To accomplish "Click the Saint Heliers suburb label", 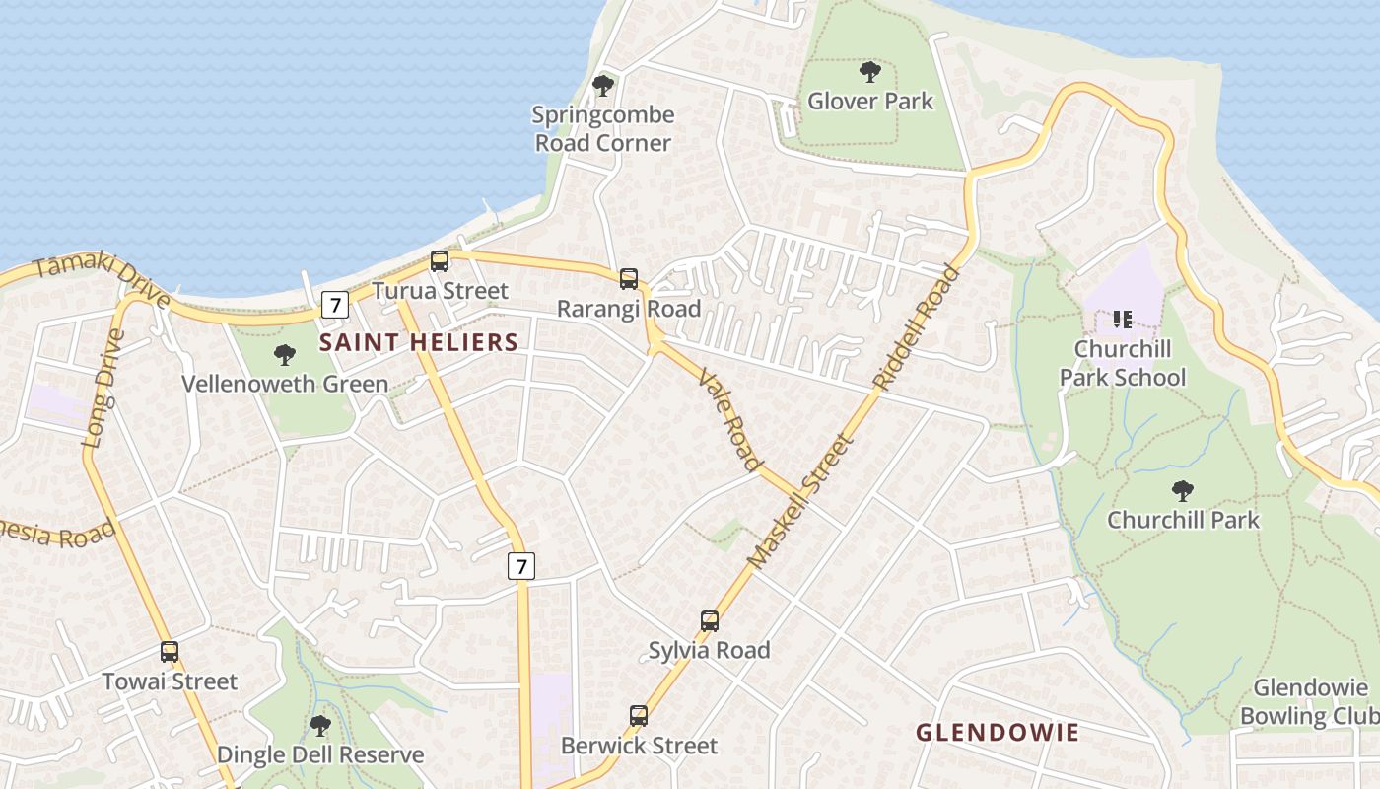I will click(x=419, y=342).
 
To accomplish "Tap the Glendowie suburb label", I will click(x=998, y=732).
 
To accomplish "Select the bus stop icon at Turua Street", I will click(x=440, y=261).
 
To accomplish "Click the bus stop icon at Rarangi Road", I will click(x=629, y=279).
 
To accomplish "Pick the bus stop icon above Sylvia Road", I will click(x=710, y=620).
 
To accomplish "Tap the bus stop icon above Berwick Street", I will click(x=639, y=715).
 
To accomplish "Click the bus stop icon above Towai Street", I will click(x=170, y=652).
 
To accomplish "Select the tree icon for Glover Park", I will click(x=869, y=71).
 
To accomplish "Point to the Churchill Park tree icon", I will click(x=1183, y=490).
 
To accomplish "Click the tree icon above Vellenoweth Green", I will click(x=285, y=355).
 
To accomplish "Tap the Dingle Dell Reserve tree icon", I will click(x=319, y=726).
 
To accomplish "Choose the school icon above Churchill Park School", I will click(x=1122, y=319).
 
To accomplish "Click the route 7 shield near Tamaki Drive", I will click(x=335, y=305).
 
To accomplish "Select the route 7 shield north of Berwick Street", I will click(x=521, y=566).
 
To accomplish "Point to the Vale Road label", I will click(x=730, y=419).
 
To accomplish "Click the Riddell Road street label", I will click(x=916, y=327).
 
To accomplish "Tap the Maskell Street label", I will click(x=798, y=503).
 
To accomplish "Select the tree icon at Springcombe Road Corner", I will click(x=603, y=86).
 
